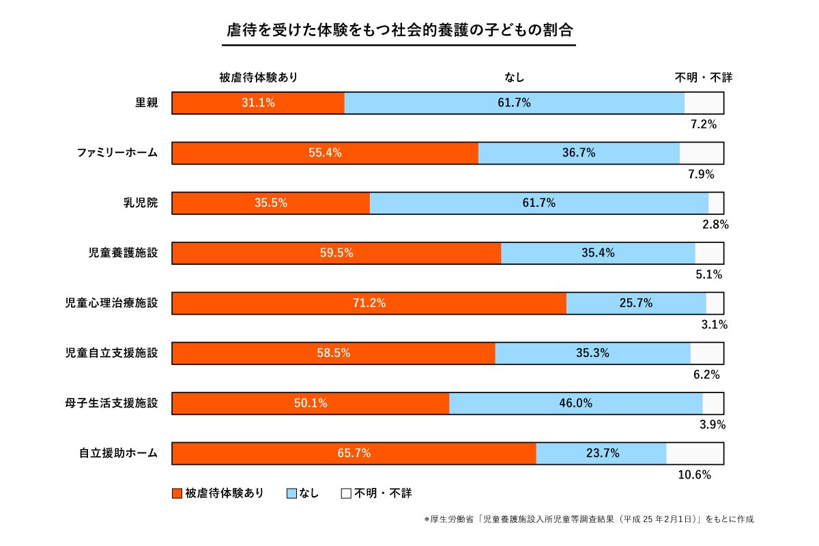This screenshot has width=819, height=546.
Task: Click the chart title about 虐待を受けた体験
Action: click(x=399, y=31)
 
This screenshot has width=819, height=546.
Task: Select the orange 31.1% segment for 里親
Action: click(x=258, y=103)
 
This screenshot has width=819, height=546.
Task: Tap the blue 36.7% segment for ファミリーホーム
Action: click(x=579, y=153)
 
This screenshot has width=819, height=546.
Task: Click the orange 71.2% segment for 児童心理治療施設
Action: click(x=369, y=303)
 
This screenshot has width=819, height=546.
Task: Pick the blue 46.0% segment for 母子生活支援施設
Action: click(x=575, y=403)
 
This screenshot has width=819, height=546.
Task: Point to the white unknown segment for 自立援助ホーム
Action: click(x=695, y=453)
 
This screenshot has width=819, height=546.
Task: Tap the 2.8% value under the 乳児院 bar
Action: click(x=715, y=225)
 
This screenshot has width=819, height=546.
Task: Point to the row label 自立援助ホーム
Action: click(x=118, y=452)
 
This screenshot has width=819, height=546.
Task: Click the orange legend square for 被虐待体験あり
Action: click(x=177, y=493)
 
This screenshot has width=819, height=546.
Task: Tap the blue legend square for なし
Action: click(x=291, y=493)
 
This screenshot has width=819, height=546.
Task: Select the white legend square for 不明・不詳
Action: click(x=346, y=493)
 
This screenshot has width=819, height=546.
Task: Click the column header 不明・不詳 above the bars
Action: click(x=703, y=78)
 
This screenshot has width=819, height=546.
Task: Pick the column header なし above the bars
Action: click(x=514, y=78)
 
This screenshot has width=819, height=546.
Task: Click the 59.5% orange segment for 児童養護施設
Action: click(x=336, y=253)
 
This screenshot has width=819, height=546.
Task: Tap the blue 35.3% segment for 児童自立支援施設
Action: click(x=592, y=354)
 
